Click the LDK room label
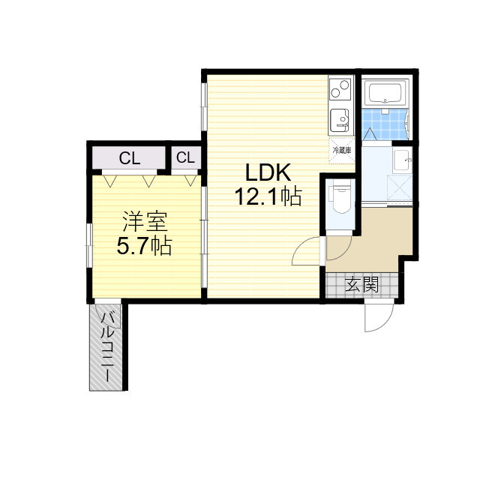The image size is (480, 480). tap(268, 173)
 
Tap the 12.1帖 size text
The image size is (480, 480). tap(268, 196)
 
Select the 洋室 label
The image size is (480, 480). tap(145, 222)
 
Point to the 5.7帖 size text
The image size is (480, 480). tap(144, 246)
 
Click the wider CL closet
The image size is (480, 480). tap(129, 157)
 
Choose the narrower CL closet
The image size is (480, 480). tap(186, 157)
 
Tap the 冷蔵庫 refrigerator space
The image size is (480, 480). tap(342, 150)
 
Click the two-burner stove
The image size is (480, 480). tap(340, 88)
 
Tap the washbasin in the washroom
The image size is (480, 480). tap(403, 160)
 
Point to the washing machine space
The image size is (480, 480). tap(400, 187)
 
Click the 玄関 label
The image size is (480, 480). tap(361, 285)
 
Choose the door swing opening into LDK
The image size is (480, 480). tap(307, 250)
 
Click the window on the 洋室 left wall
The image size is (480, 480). tap(89, 245)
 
